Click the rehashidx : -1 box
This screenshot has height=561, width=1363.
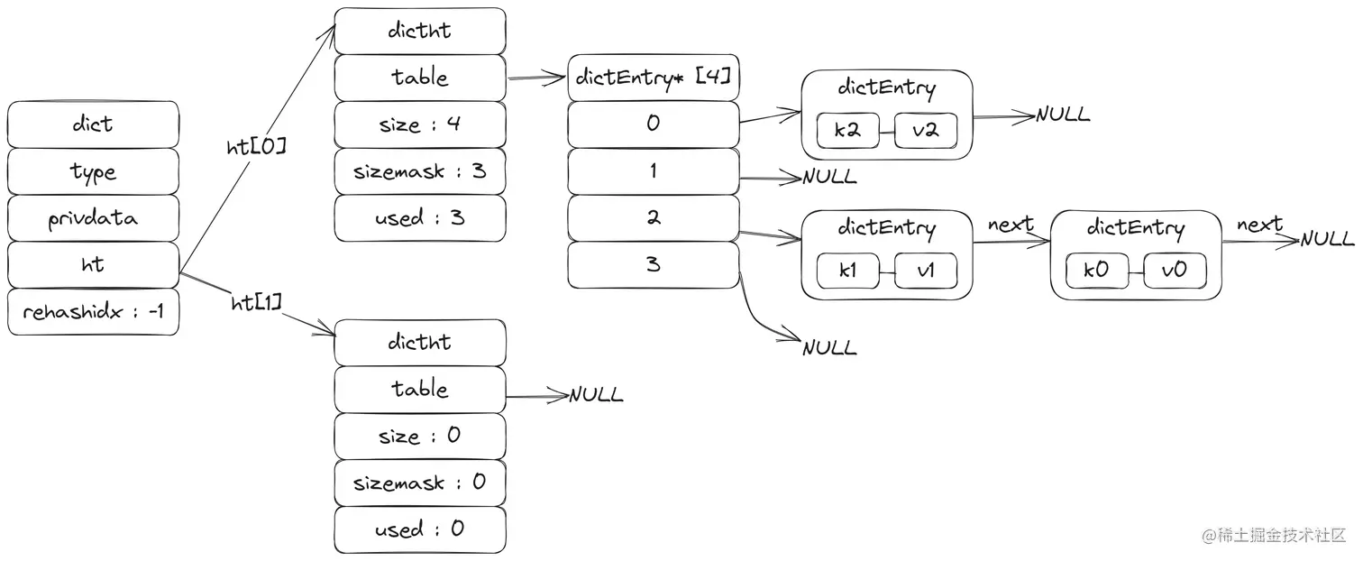(93, 312)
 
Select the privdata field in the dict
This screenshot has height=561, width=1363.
(93, 218)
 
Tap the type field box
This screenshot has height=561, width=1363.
(93, 171)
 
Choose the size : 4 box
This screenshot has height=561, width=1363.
(420, 124)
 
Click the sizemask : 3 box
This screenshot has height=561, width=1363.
(420, 171)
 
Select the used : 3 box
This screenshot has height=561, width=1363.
(420, 218)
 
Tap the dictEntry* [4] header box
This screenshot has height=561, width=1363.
(654, 79)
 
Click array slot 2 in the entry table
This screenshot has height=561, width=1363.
(654, 218)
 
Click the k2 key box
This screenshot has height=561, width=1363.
(847, 131)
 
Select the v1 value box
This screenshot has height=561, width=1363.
(926, 271)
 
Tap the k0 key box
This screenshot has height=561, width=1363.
(1096, 271)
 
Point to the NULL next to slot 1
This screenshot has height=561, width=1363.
(829, 178)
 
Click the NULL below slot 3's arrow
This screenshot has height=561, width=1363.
(829, 348)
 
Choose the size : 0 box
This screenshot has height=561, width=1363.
(420, 437)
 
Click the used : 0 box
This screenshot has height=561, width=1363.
(420, 529)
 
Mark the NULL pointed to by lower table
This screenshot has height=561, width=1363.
(595, 395)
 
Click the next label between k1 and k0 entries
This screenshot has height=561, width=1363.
(1011, 225)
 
